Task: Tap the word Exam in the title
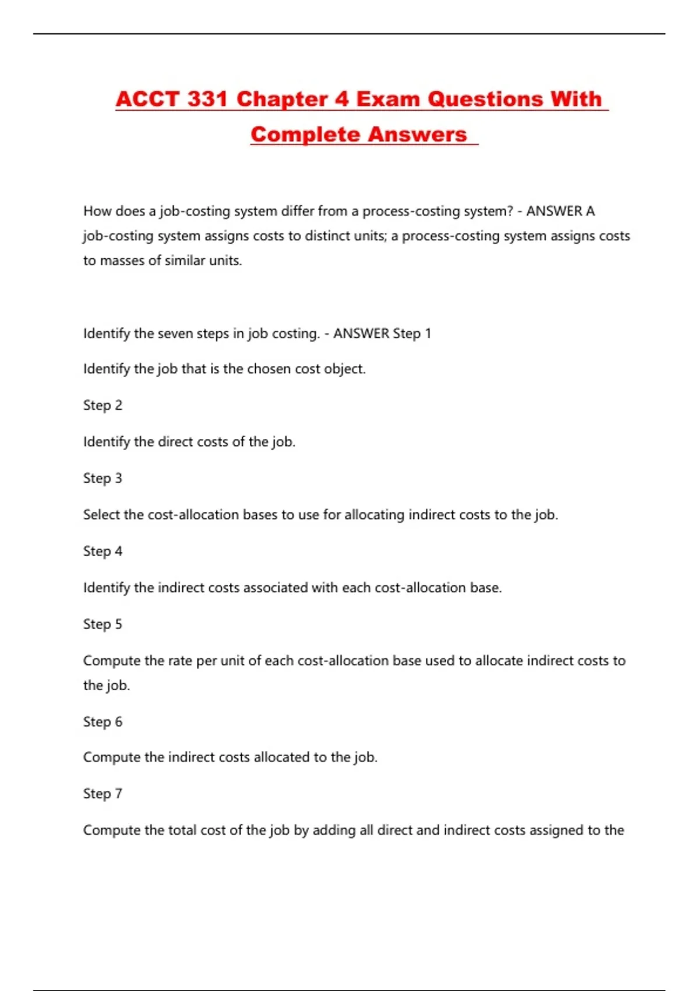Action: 388,99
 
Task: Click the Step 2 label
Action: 103,405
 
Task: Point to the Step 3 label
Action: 103,478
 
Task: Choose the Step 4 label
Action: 103,551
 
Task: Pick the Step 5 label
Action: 103,624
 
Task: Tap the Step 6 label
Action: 103,722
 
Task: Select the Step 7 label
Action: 103,793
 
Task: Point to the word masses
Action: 122,261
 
